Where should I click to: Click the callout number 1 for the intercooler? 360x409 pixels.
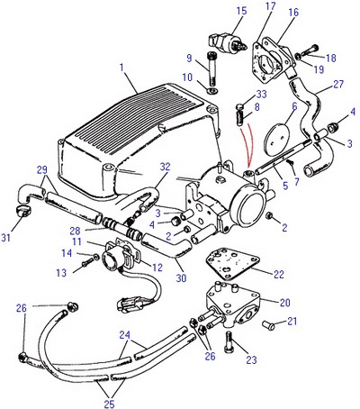(121, 68)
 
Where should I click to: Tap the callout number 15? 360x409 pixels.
(241, 11)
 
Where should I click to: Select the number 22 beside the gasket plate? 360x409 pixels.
(279, 274)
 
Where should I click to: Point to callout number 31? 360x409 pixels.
(6, 238)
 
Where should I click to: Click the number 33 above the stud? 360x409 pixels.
(261, 94)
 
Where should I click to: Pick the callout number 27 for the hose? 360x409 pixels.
(337, 84)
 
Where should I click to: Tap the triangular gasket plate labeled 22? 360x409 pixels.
(231, 262)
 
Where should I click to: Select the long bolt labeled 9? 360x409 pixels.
(211, 68)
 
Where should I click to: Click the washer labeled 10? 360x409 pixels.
(212, 90)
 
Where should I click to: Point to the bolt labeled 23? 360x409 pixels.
(229, 341)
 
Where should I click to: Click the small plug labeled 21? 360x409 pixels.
(268, 325)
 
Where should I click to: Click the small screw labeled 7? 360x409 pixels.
(290, 163)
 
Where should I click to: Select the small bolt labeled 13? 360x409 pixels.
(86, 263)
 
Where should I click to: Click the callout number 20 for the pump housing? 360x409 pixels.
(284, 303)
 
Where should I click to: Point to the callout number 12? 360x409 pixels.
(157, 268)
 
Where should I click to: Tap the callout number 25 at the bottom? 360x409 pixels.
(110, 404)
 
